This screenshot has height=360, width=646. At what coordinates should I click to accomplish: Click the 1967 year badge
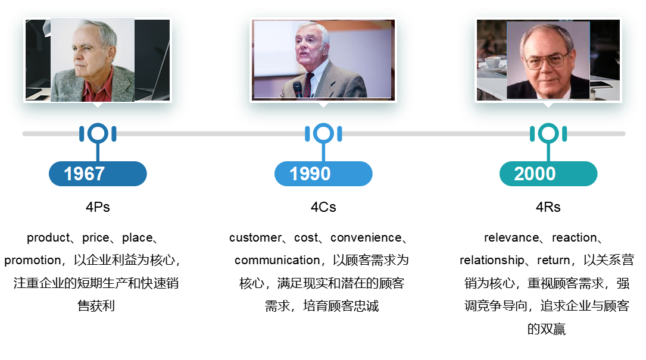click(98, 173)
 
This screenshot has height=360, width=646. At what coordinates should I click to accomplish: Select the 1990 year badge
click(323, 173)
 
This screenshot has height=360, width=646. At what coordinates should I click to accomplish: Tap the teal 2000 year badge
click(548, 173)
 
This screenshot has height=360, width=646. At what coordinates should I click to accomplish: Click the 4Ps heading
click(98, 206)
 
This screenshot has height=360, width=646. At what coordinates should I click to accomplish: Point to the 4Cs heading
click(323, 206)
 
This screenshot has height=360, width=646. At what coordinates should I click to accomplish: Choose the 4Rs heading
click(548, 206)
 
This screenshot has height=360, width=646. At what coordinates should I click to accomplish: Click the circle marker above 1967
click(98, 133)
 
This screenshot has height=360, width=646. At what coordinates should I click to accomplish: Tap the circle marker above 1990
click(323, 133)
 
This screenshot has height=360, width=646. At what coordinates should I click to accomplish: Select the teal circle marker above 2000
click(548, 133)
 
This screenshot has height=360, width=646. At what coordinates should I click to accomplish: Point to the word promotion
click(33, 260)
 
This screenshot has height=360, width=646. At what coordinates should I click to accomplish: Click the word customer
click(255, 237)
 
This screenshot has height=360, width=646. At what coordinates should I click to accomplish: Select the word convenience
click(366, 237)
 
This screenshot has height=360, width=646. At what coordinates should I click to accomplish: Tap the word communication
click(277, 260)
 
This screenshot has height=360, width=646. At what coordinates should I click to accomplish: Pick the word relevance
click(511, 237)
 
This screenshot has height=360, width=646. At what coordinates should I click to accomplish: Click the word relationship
click(492, 260)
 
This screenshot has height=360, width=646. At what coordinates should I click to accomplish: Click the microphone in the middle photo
click(298, 89)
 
